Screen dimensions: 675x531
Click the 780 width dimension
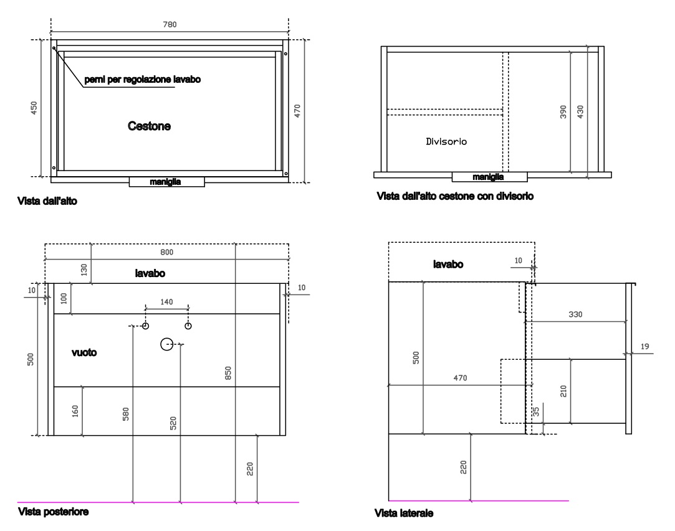point(170,24)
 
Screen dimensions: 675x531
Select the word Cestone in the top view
point(149,126)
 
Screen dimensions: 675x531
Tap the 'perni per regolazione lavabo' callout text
point(143,80)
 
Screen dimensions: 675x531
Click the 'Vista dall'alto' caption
point(47,201)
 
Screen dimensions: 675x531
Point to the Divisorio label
point(446,141)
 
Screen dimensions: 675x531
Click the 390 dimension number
point(563,112)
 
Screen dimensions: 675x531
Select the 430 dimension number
point(580,112)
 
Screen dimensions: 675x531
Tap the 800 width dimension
point(166,252)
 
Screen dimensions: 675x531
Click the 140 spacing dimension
point(166,302)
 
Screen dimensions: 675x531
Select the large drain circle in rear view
point(166,344)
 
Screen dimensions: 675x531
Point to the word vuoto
point(84,352)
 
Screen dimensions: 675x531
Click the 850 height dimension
point(228,373)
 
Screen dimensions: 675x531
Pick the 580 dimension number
point(126,414)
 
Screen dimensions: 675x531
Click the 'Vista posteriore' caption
point(54,512)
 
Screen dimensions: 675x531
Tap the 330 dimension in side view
point(575,314)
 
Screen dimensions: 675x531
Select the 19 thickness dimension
point(644,347)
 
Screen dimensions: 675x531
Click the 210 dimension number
point(563,391)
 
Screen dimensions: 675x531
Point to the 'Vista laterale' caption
point(404,513)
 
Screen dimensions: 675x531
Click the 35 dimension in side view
point(536,412)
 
